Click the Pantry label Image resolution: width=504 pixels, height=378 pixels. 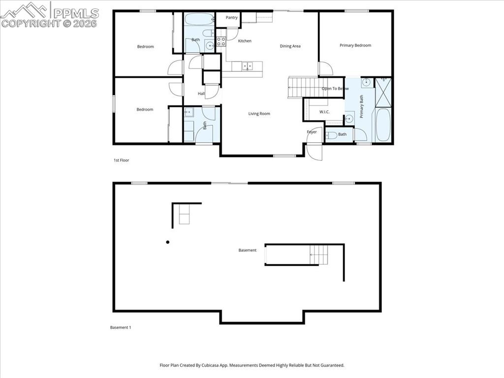232,18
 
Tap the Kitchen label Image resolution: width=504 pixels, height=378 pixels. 245,41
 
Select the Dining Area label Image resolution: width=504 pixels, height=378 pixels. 290,46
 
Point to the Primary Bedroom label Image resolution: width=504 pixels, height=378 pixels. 355,45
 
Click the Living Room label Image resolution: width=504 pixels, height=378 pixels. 259,114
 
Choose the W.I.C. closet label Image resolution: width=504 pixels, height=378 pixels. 324,112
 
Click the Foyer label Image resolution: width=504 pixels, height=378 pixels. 312,132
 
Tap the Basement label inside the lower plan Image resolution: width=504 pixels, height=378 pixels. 248,250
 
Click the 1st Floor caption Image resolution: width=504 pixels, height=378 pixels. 121,160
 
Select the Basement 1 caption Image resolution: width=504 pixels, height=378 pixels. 120,327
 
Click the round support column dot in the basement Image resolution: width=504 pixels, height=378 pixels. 168,242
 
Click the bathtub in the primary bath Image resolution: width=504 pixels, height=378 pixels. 383,125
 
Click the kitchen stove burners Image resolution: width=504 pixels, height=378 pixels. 221,41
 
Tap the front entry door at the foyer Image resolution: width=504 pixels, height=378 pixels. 314,150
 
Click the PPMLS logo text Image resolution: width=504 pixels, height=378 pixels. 76,13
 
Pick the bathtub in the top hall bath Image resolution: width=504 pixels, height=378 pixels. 199,20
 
